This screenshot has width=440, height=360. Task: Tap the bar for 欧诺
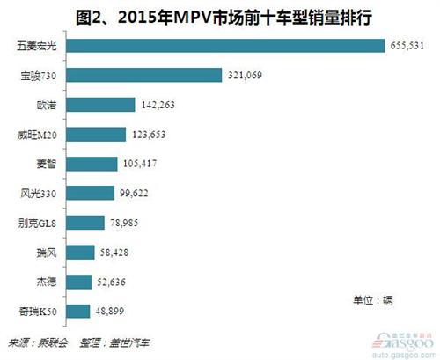click(100, 105)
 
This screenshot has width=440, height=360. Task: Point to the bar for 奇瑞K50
click(77, 310)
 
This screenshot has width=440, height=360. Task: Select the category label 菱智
click(49, 164)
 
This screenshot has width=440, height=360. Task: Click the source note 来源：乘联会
click(33, 343)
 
